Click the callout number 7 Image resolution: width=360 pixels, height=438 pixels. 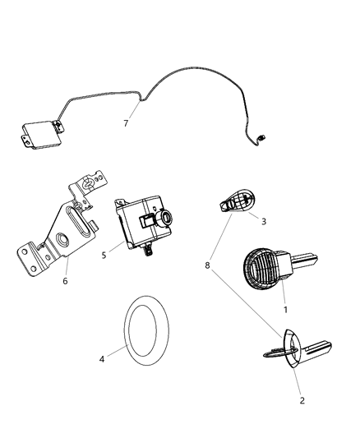pos(126,123)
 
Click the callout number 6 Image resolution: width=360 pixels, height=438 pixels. pos(65,281)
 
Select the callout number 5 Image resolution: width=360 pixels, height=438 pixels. pos(104,256)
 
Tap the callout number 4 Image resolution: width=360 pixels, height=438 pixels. pos(102,358)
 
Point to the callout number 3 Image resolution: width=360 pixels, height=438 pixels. pos(264,221)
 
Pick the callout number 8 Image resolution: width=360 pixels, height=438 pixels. pos(208,265)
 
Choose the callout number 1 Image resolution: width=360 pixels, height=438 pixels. pos(284,311)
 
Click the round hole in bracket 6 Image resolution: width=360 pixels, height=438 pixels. pos(62,242)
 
